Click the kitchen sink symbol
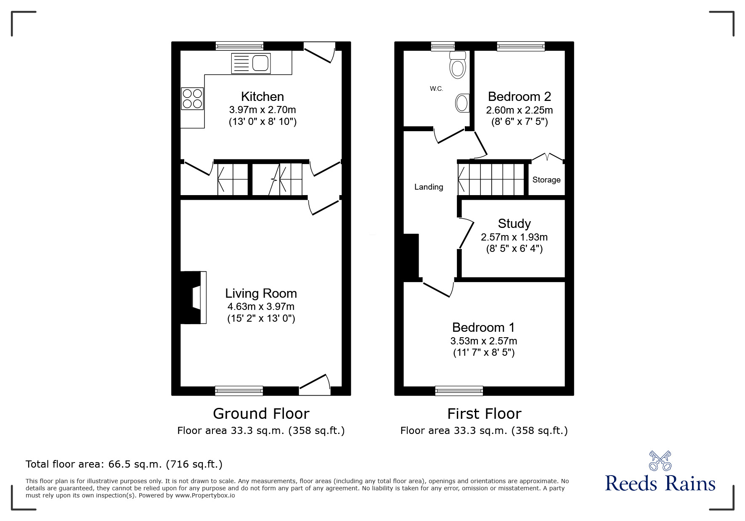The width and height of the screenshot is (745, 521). (x=251, y=63)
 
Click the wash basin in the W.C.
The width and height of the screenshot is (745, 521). (x=462, y=103)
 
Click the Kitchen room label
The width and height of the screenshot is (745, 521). (x=262, y=97)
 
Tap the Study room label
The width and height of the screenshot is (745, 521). (x=514, y=223)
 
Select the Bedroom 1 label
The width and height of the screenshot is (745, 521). (x=483, y=327)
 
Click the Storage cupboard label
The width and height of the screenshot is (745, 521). (x=546, y=180)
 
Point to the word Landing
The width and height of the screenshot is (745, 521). (x=429, y=187)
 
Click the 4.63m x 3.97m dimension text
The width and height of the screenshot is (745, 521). (x=261, y=307)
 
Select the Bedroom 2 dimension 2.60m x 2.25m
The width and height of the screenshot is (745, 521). (x=519, y=110)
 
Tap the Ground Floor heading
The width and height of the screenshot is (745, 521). (x=261, y=414)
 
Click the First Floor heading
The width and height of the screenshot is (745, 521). (x=484, y=414)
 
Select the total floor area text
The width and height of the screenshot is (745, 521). (x=124, y=464)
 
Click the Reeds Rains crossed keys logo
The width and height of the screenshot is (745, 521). (x=660, y=461)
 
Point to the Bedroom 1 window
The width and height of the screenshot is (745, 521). (x=459, y=391)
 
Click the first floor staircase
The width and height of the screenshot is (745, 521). (x=491, y=180)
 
